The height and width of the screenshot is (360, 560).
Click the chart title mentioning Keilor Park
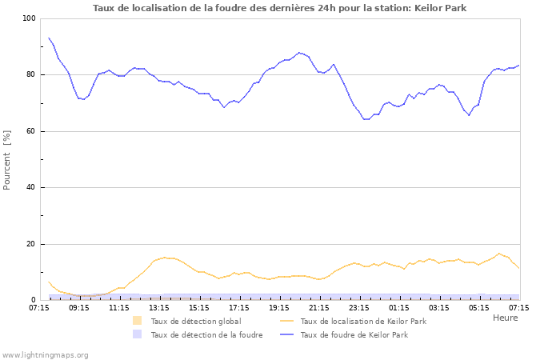(280, 8)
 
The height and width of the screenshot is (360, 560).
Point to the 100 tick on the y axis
(28, 18)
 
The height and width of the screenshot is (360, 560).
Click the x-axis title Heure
(505, 318)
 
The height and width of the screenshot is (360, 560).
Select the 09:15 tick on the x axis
(79, 306)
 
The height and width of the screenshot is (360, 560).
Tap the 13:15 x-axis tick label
(159, 306)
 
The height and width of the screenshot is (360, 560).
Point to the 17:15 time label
(239, 306)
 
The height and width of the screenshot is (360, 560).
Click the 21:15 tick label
(319, 306)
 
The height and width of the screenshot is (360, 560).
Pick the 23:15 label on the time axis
(359, 306)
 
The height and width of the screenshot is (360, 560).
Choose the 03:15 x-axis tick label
(439, 306)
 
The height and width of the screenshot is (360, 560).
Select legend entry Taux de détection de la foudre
(206, 334)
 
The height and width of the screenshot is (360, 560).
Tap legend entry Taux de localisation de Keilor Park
(362, 321)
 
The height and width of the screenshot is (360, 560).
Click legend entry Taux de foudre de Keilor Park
(354, 334)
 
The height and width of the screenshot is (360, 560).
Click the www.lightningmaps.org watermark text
(45, 354)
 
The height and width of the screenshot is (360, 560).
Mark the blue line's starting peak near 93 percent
(49, 38)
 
